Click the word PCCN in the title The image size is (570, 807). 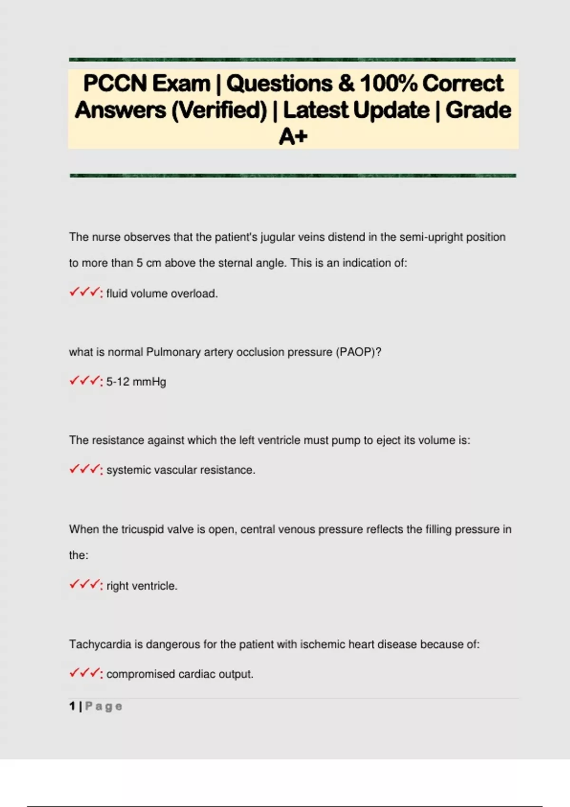pyautogui.click(x=115, y=84)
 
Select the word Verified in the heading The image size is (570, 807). pyautogui.click(x=219, y=111)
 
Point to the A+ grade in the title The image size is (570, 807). pyautogui.click(x=293, y=137)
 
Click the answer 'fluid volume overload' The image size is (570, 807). pyautogui.click(x=161, y=294)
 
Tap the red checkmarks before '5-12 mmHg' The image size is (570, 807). pyautogui.click(x=85, y=381)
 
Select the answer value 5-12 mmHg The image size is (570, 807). pyautogui.click(x=136, y=382)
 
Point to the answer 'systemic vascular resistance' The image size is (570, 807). pyautogui.click(x=180, y=470)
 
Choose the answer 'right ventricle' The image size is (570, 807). pyautogui.click(x=142, y=586)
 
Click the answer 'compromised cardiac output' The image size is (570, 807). pyautogui.click(x=180, y=674)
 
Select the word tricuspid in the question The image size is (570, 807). pyautogui.click(x=142, y=529)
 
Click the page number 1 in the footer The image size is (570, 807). pyautogui.click(x=72, y=706)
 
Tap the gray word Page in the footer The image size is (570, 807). pyautogui.click(x=104, y=706)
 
